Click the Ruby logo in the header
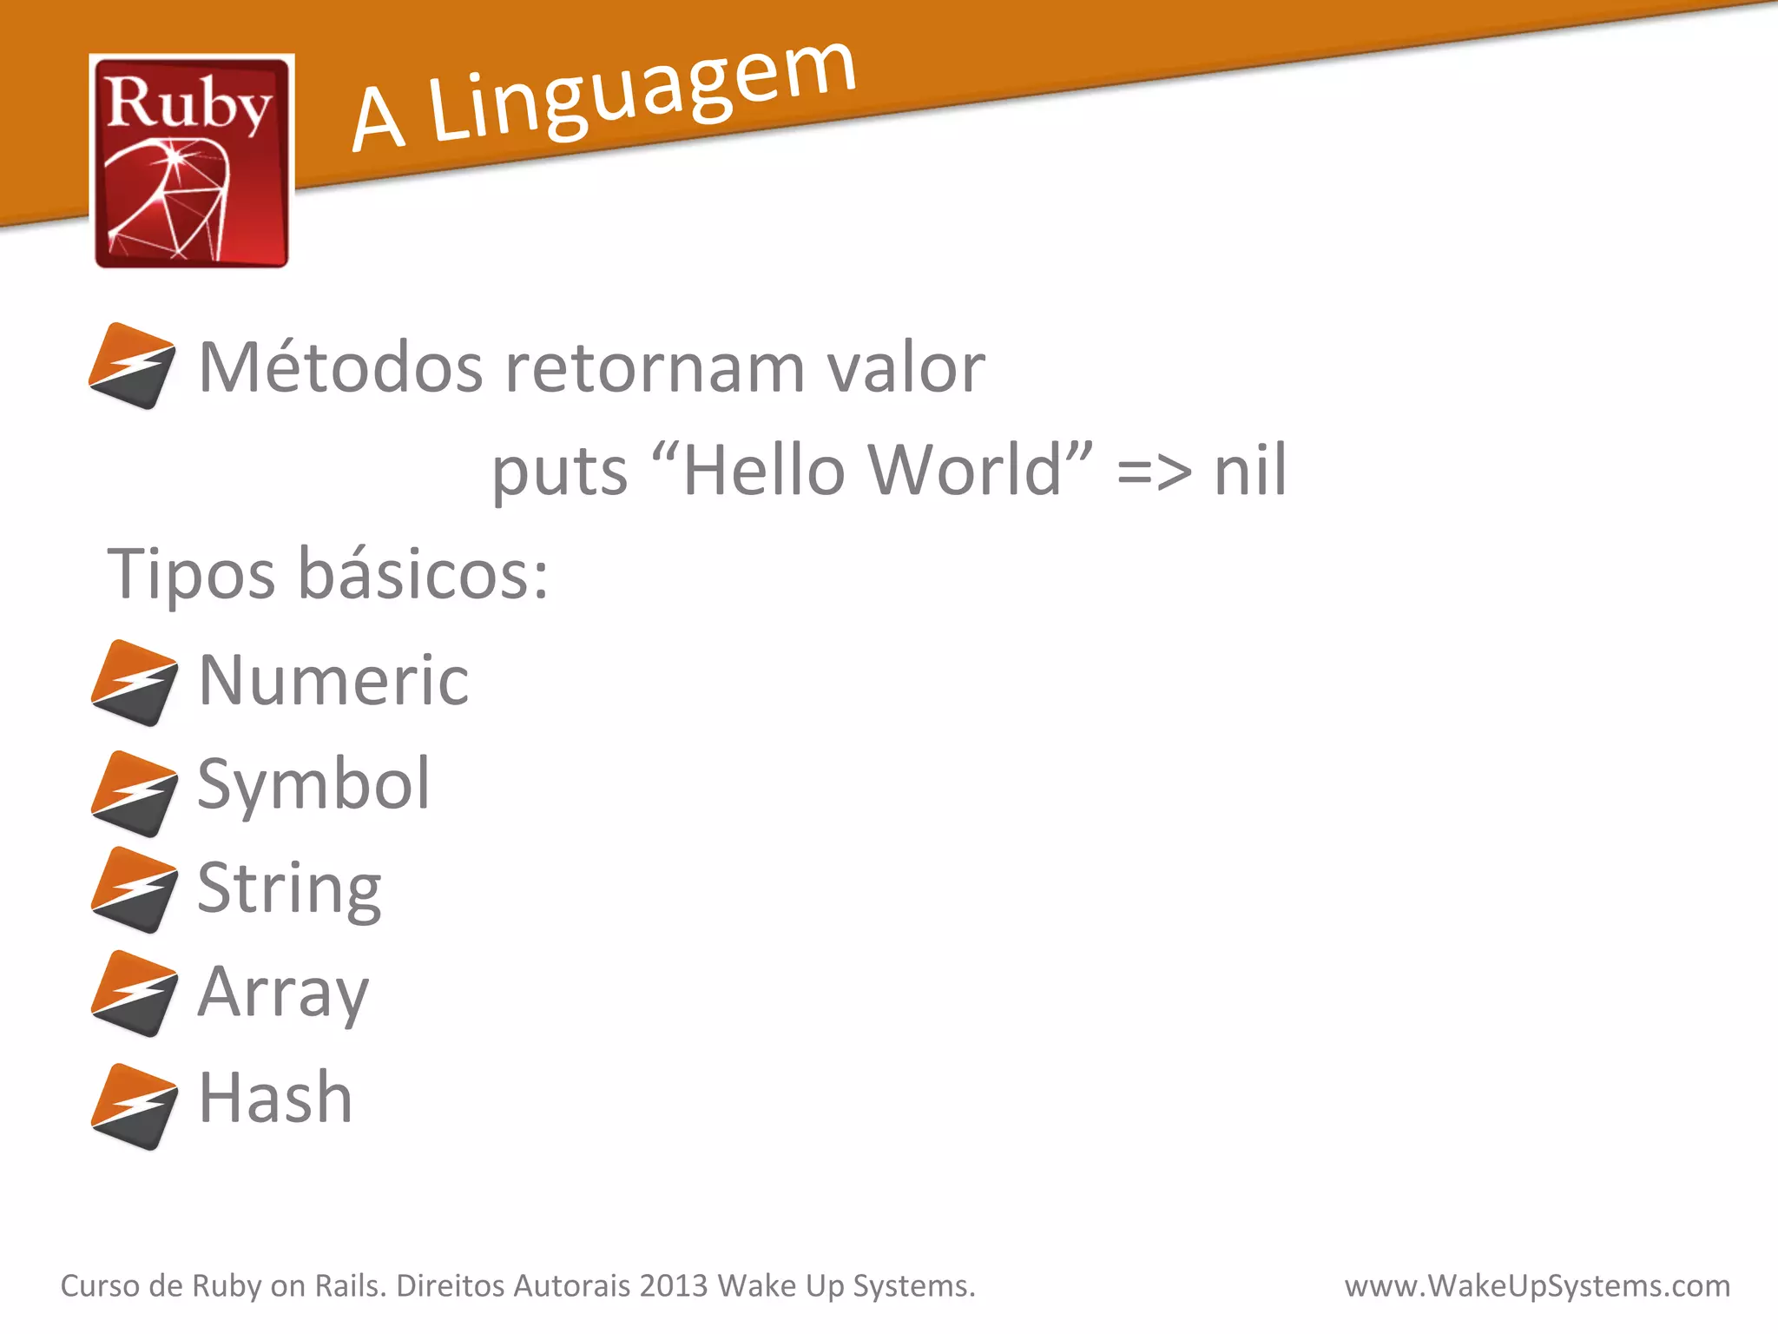(x=191, y=162)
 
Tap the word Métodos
(x=340, y=367)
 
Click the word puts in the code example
(x=559, y=472)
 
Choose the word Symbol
(x=313, y=784)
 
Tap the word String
(x=289, y=888)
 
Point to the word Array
(x=283, y=993)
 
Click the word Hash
(x=275, y=1097)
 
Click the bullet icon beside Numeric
(x=134, y=683)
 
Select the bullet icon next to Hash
(x=134, y=1106)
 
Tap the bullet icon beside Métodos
(x=132, y=366)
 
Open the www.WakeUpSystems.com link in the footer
(x=1537, y=1285)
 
